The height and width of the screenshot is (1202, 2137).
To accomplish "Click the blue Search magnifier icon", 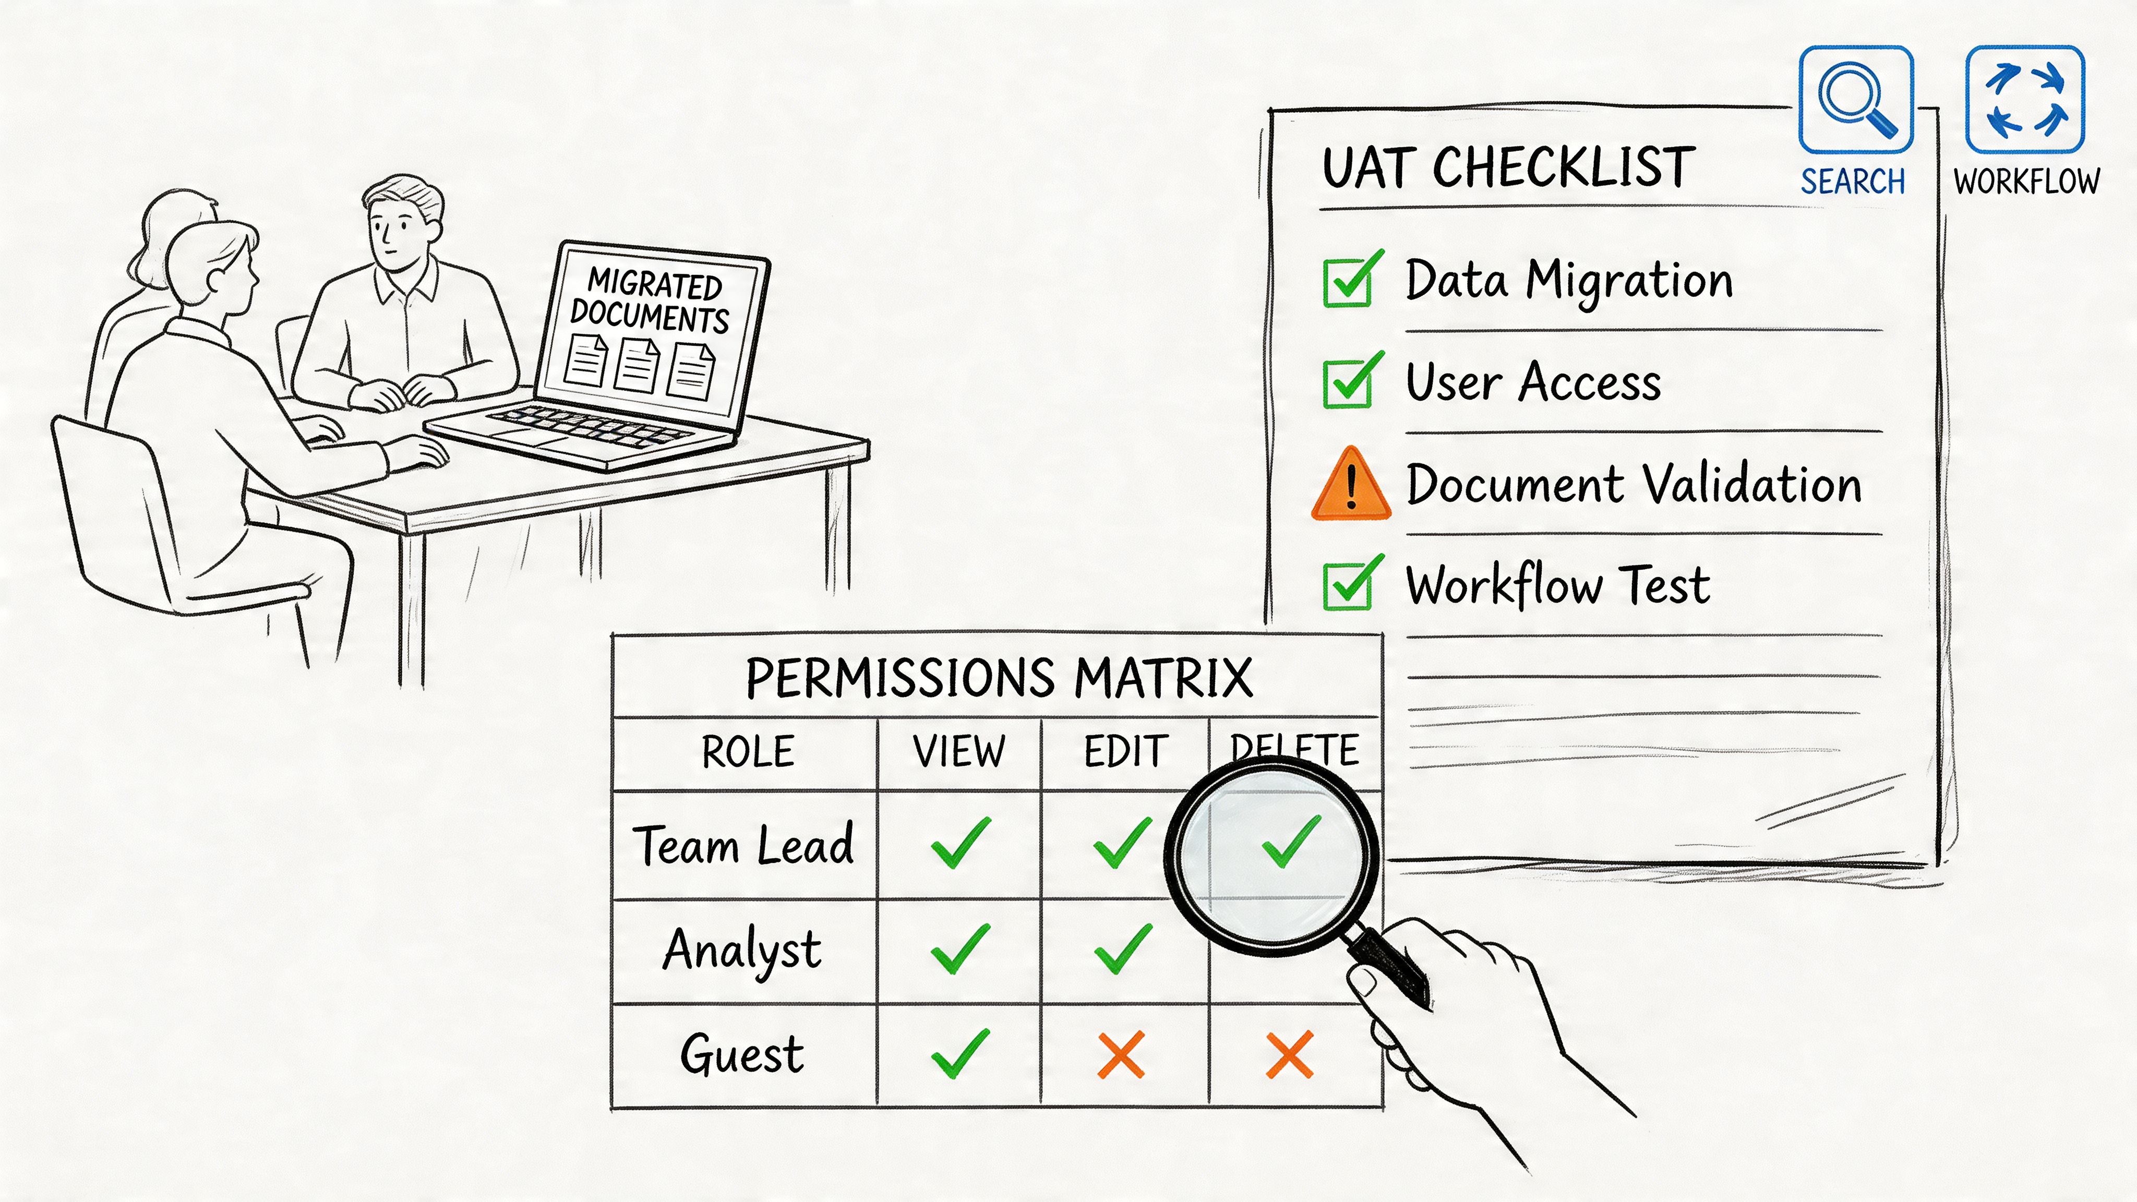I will pyautogui.click(x=1856, y=100).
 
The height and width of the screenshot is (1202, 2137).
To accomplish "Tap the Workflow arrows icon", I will pyautogui.click(x=2025, y=100).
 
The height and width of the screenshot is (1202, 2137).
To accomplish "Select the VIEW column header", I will pyautogui.click(x=959, y=752).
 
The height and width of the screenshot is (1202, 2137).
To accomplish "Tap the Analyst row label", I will pyautogui.click(x=742, y=951).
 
